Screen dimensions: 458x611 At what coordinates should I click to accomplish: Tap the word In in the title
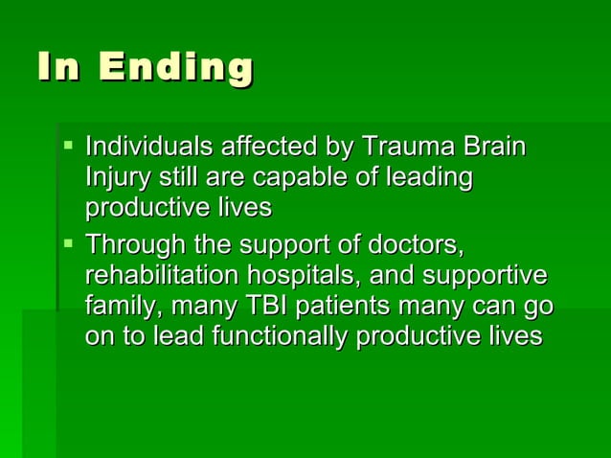coord(59,69)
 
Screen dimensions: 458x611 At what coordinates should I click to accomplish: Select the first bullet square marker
coord(67,146)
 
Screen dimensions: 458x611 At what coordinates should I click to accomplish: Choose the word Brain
coord(494,149)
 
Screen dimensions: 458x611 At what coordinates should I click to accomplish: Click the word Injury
coord(115,178)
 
